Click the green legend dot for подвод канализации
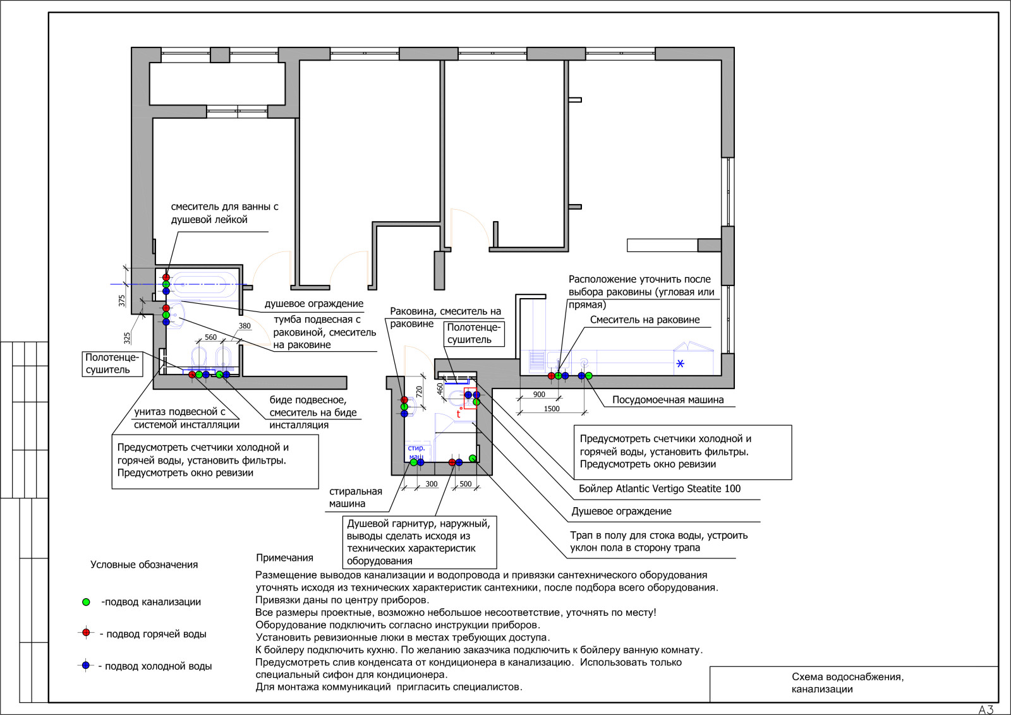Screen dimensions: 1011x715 [86, 602]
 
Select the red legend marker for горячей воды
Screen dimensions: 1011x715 [86, 633]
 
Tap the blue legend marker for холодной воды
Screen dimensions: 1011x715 [86, 665]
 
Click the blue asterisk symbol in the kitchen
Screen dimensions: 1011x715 [680, 363]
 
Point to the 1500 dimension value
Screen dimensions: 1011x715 [552, 409]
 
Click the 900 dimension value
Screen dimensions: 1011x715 [539, 394]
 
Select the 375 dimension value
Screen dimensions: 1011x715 [122, 301]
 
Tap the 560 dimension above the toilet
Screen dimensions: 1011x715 [211, 337]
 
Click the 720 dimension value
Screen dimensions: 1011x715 [420, 392]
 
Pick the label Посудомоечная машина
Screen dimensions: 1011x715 [668, 400]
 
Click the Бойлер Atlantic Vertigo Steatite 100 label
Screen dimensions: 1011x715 [660, 488]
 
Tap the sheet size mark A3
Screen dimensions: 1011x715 [986, 709]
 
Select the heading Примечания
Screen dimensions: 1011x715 [284, 558]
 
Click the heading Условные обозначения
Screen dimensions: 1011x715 [144, 565]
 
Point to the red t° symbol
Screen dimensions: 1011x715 [459, 412]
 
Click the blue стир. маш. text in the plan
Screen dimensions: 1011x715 [416, 452]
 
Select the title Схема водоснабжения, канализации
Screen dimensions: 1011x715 [847, 683]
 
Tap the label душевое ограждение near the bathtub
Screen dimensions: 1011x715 [313, 304]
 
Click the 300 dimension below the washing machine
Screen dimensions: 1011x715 [432, 484]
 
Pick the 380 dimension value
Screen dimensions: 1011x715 [245, 326]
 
